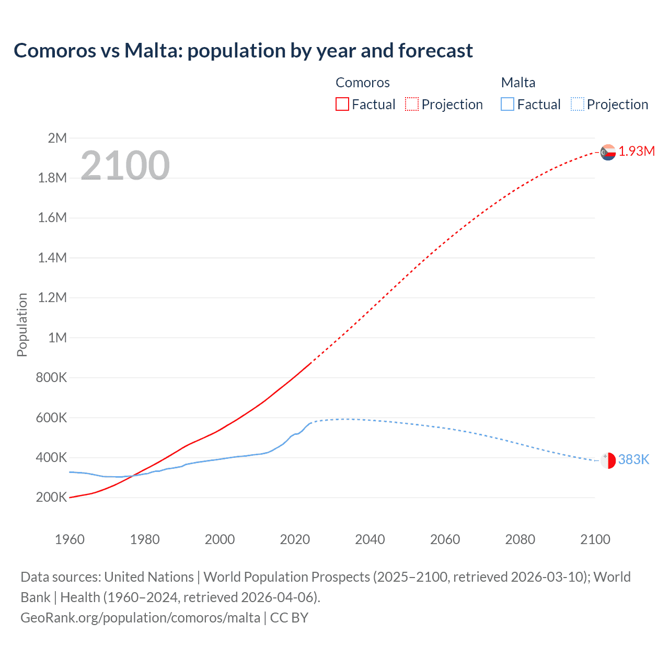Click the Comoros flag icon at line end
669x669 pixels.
click(x=608, y=152)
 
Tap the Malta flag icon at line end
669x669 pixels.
click(x=608, y=460)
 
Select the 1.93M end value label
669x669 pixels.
click(x=637, y=152)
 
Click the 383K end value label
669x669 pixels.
click(x=633, y=460)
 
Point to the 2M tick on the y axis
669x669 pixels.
click(x=57, y=138)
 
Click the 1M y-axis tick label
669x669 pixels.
click(x=57, y=338)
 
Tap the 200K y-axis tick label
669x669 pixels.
click(x=51, y=498)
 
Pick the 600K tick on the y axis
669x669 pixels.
click(x=51, y=418)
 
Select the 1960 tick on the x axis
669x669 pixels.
click(x=70, y=539)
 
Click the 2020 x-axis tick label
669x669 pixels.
click(x=295, y=539)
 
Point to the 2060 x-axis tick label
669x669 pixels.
click(x=445, y=539)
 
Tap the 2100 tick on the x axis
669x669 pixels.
click(x=595, y=539)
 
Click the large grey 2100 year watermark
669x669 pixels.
click(x=125, y=166)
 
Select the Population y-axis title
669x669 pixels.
click(x=22, y=325)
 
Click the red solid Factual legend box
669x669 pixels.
click(x=342, y=105)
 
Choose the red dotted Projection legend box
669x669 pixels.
click(x=412, y=105)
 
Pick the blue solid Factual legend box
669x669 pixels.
click(x=507, y=105)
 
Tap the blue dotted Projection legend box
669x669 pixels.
click(x=577, y=105)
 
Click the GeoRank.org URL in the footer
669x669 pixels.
click(x=140, y=618)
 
